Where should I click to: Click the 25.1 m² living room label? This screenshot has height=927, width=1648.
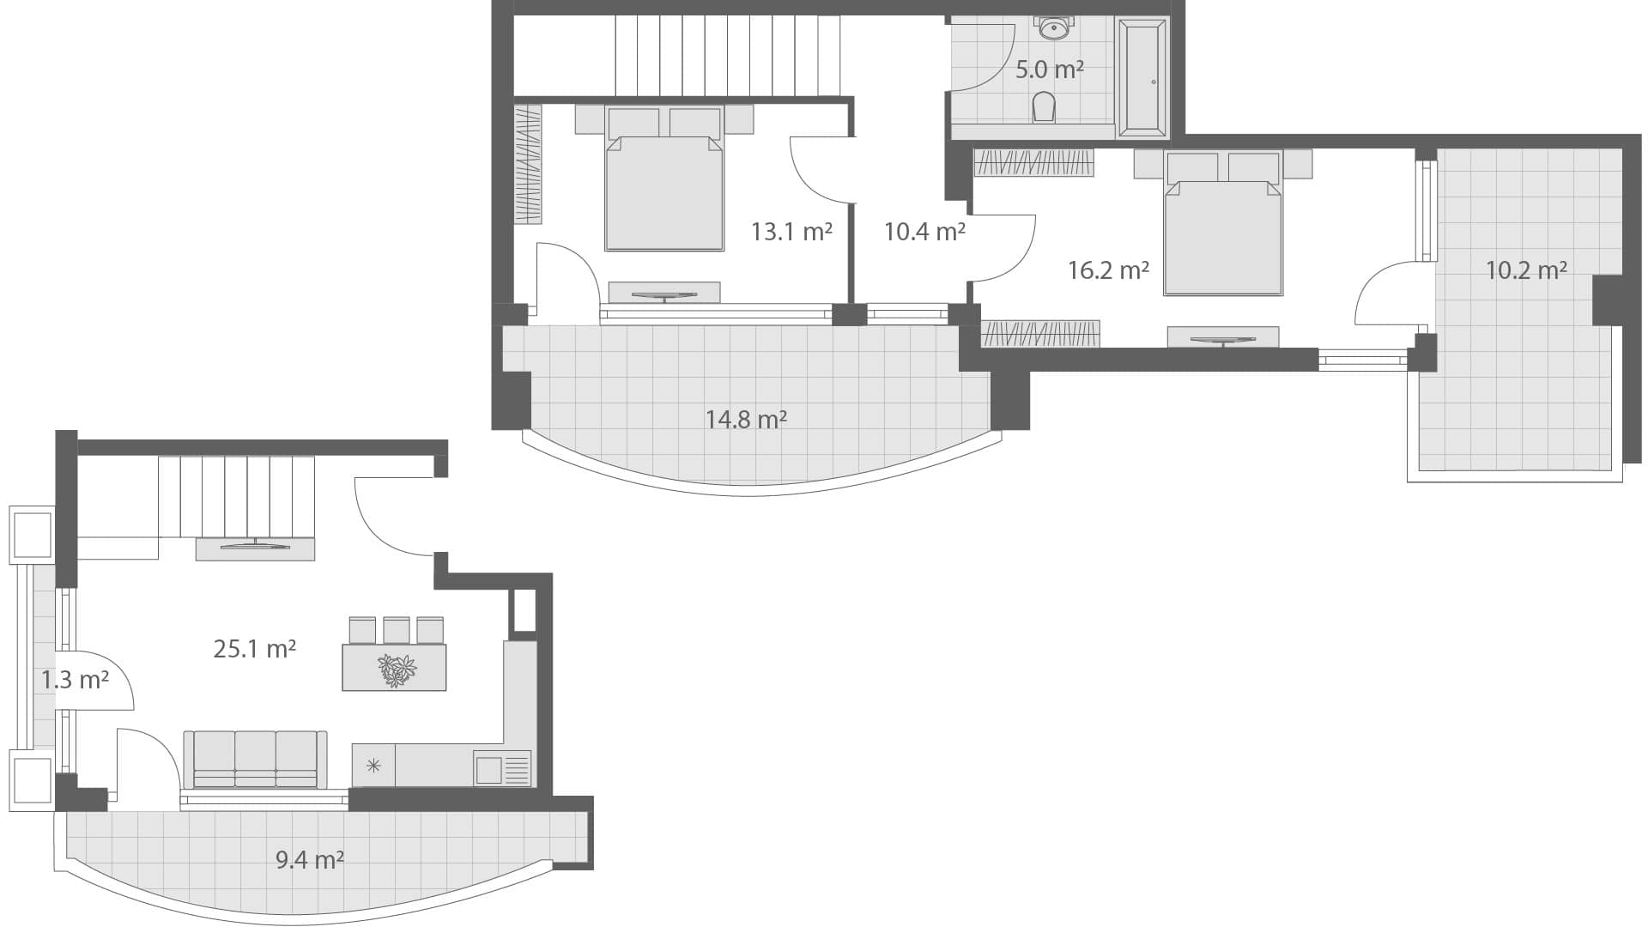[254, 649]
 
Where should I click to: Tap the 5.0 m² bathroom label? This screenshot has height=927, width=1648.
[1049, 70]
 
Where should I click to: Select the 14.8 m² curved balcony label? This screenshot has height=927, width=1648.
[746, 420]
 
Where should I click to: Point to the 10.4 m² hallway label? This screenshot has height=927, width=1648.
[924, 232]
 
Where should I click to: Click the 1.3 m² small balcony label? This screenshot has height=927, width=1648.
[75, 681]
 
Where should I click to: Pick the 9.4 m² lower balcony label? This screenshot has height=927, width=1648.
[310, 859]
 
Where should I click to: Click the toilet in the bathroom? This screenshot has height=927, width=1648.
[1044, 108]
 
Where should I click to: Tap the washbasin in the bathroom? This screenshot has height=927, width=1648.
[1053, 28]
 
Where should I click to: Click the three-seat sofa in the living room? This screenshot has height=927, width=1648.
[256, 760]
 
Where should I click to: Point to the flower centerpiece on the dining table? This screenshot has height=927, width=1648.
[396, 669]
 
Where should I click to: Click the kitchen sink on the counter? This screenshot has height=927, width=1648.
[489, 769]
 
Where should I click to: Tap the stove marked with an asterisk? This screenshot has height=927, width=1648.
[373, 766]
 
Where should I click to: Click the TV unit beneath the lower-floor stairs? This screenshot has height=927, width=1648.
[255, 548]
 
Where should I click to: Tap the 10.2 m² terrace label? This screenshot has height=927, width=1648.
[1526, 271]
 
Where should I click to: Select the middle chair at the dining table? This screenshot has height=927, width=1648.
[396, 630]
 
